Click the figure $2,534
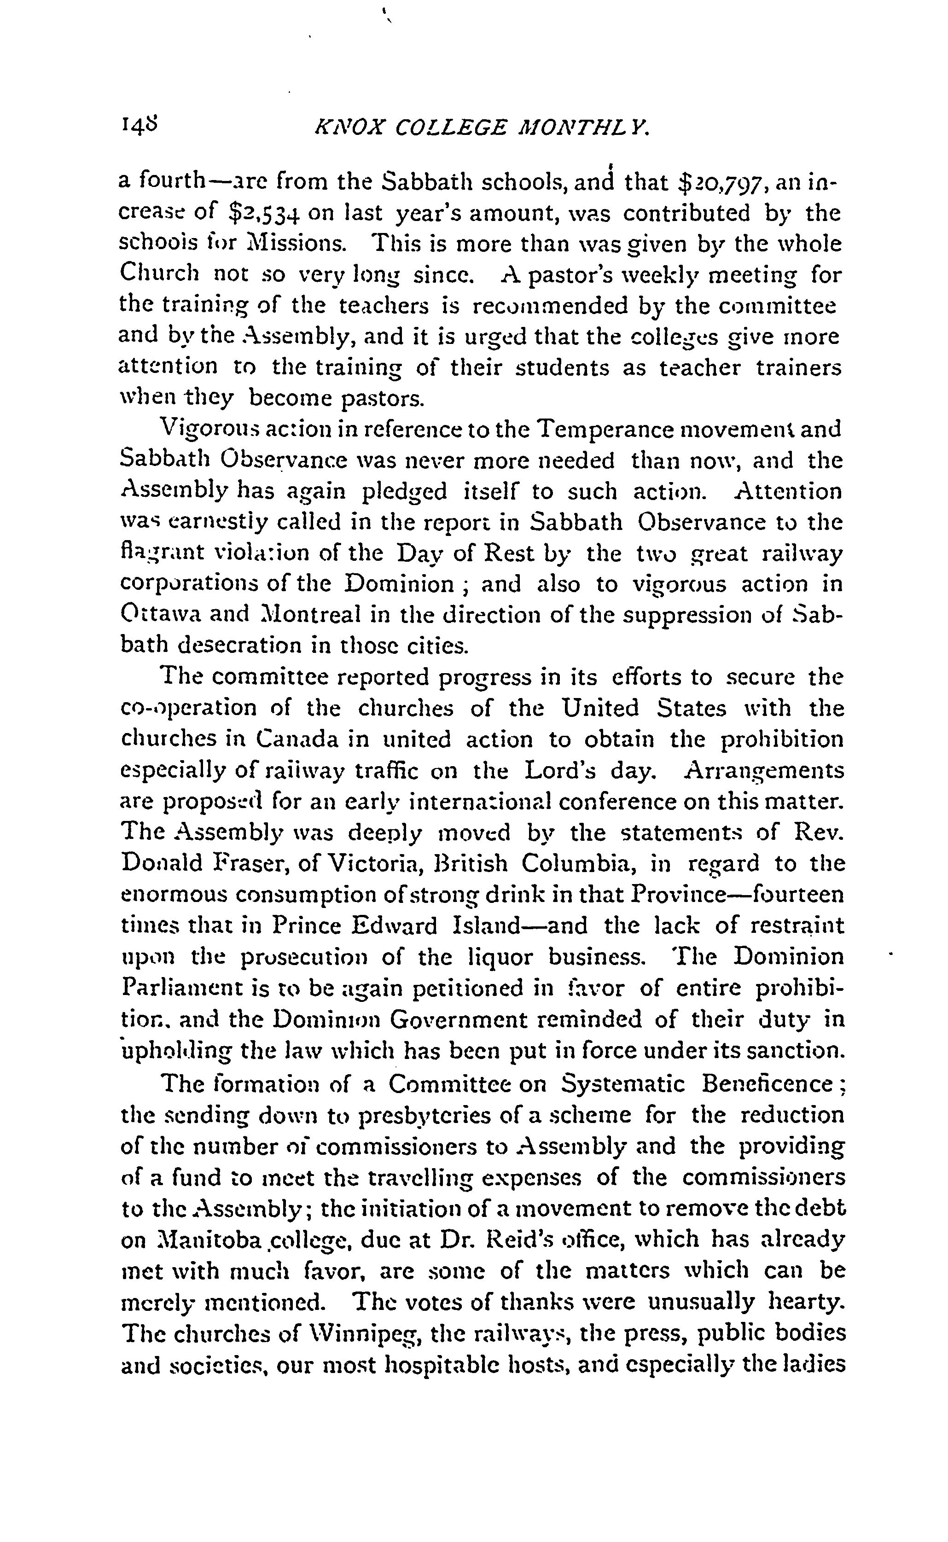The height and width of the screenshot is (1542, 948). tap(263, 214)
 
